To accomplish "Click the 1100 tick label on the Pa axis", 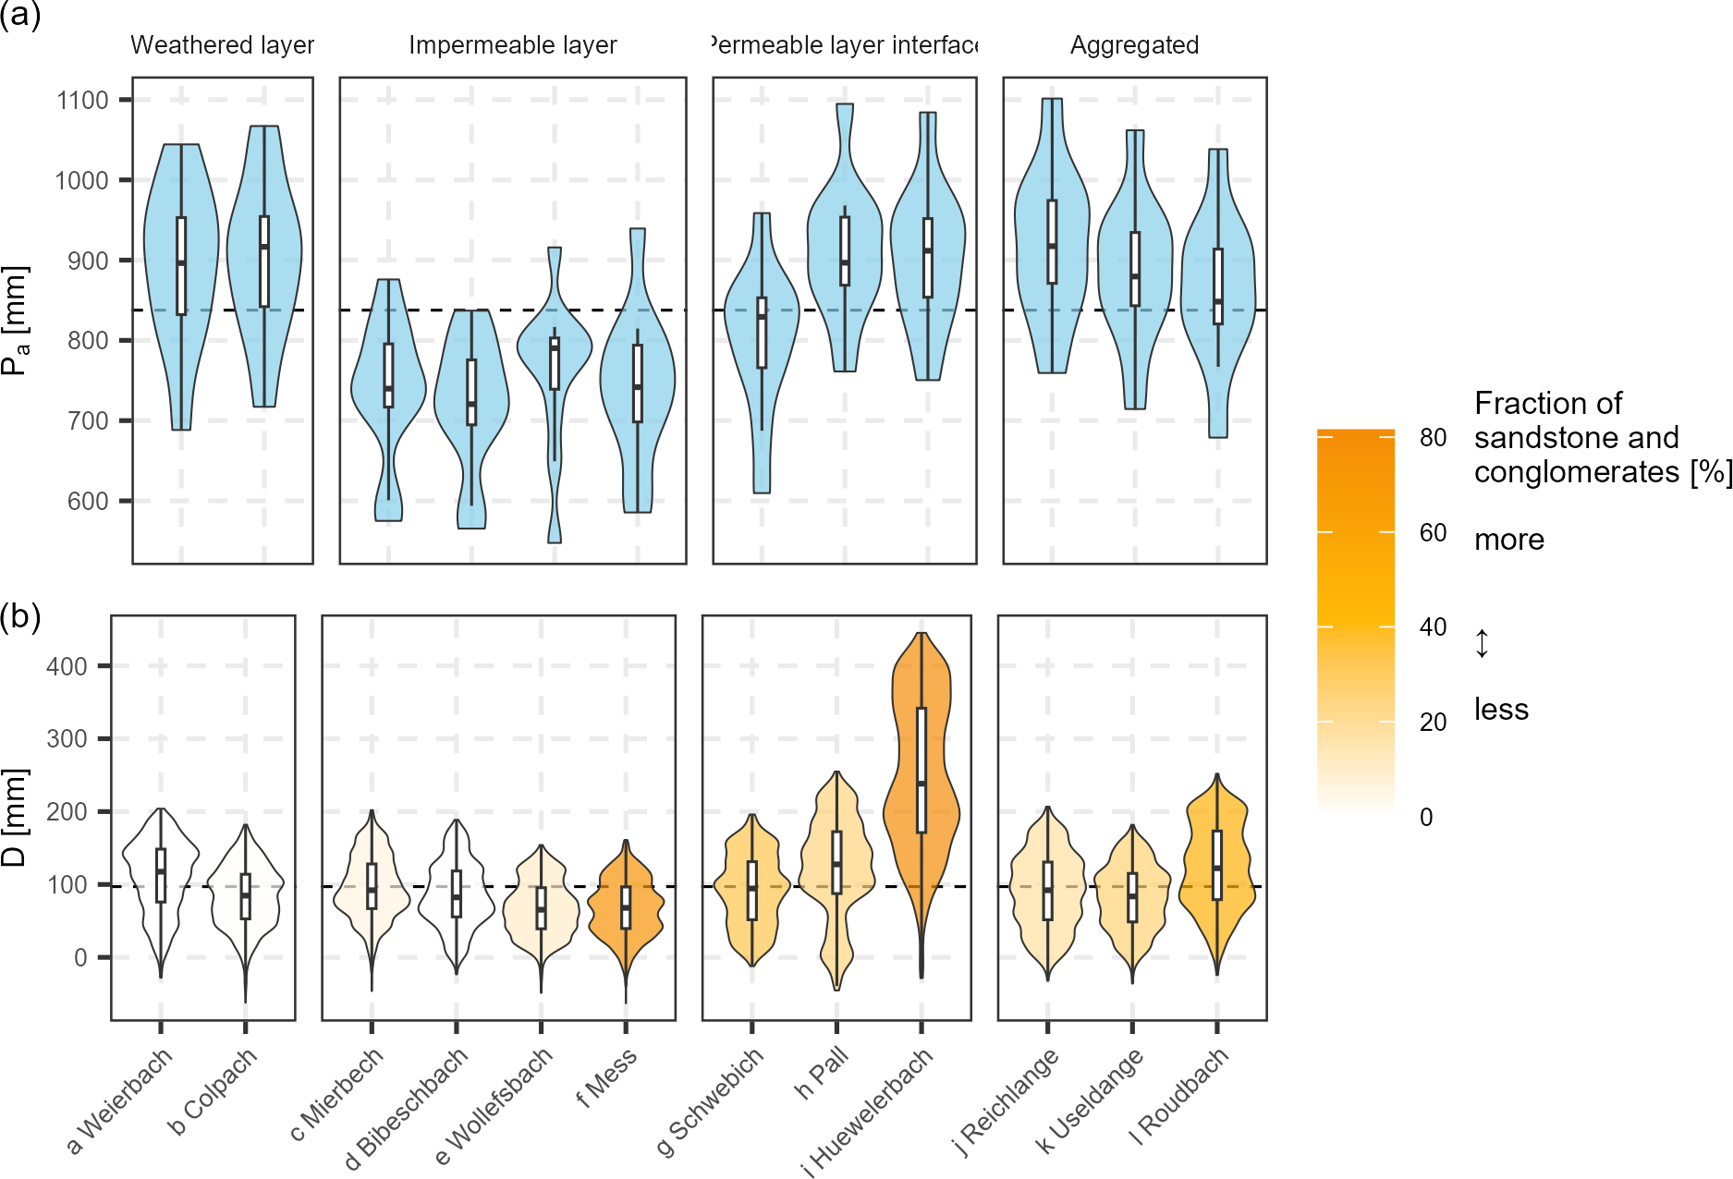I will tap(82, 100).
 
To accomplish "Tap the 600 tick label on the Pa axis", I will tap(88, 501).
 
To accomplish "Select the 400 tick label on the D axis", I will tap(67, 666).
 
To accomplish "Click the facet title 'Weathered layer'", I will tap(222, 45).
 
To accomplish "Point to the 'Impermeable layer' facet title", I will tap(512, 45).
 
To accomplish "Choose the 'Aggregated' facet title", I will tap(1134, 45).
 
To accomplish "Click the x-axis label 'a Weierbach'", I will tap(120, 1100).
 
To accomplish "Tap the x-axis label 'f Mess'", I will tap(606, 1077).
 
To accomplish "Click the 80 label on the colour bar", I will tap(1433, 438).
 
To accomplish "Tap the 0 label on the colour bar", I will tap(1426, 817).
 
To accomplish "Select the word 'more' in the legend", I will tap(1508, 540).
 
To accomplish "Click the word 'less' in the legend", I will tap(1501, 710).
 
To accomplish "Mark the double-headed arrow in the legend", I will tap(1482, 643).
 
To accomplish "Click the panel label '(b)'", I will tap(20, 616).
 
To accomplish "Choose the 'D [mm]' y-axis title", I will tap(15, 817).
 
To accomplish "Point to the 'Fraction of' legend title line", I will tap(1547, 404).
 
